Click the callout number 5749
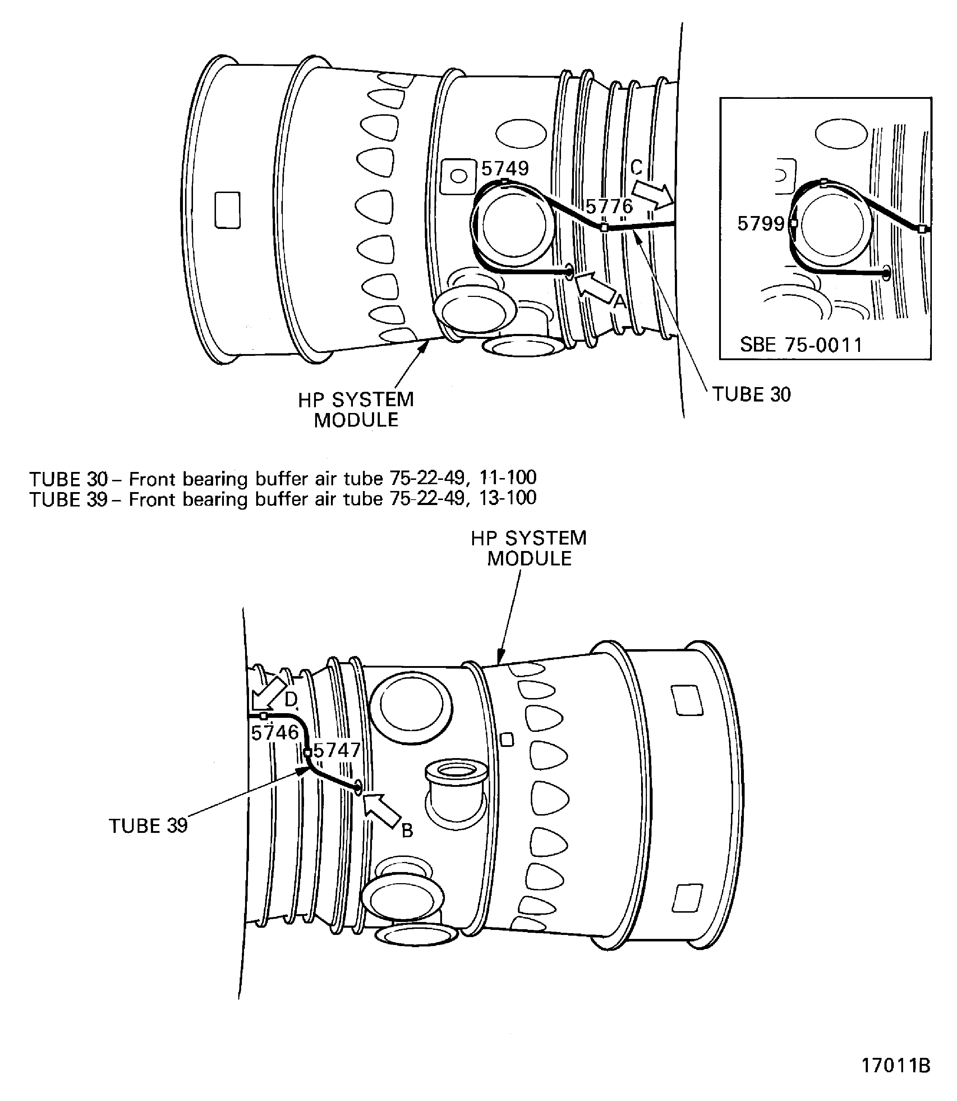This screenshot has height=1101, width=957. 505,169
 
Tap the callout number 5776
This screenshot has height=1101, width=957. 609,207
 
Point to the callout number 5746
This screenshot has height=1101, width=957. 275,733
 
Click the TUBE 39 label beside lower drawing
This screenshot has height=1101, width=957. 148,826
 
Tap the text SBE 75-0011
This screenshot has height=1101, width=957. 801,345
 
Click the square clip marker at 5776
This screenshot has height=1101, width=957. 604,228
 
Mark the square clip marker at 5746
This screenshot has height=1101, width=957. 263,716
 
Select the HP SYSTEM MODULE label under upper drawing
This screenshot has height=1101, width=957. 356,410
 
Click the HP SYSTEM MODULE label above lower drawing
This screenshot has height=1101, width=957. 528,548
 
